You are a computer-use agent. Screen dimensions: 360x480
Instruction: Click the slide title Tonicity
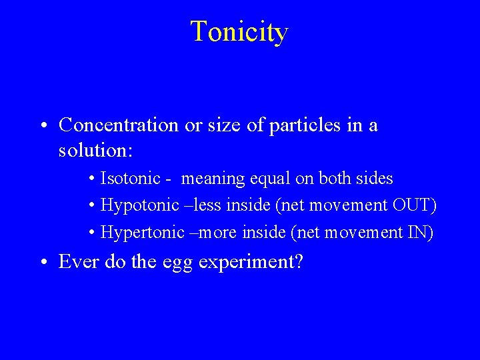tap(239, 32)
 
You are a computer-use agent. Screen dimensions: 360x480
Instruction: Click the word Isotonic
tap(130, 179)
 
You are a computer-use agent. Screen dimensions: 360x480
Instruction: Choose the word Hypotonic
tap(139, 206)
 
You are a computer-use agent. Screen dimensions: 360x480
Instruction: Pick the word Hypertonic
tap(142, 233)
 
